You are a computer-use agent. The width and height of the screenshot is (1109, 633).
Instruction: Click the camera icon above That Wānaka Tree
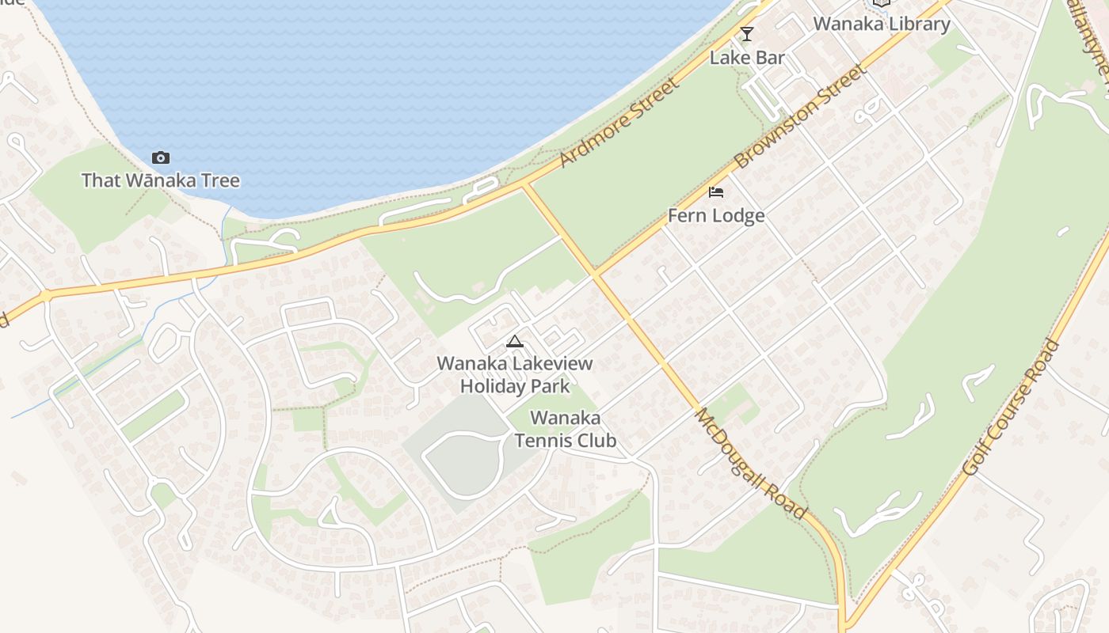(161, 157)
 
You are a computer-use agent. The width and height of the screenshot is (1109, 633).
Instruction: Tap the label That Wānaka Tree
(161, 180)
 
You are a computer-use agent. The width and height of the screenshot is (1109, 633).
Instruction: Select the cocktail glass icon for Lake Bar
(746, 34)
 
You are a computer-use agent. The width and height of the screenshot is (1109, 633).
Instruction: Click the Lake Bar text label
(747, 58)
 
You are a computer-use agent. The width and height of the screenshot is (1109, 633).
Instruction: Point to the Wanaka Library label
(882, 24)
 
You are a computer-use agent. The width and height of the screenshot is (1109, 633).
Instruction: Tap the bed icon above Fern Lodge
(716, 192)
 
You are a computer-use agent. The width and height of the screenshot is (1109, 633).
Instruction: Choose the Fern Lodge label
(716, 216)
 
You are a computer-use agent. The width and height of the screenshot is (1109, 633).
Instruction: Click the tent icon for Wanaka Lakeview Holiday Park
(515, 342)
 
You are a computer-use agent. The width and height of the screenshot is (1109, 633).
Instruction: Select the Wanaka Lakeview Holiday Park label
(515, 375)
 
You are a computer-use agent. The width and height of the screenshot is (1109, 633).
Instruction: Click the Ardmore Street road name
(619, 123)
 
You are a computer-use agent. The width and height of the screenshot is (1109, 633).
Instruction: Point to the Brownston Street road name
(799, 116)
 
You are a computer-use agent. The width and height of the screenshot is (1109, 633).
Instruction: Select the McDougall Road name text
(750, 464)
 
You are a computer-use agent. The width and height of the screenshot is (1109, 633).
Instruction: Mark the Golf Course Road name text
(1011, 407)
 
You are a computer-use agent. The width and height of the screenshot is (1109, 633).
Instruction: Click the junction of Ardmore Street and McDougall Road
(524, 187)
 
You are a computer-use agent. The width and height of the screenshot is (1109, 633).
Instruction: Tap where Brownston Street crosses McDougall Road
(594, 275)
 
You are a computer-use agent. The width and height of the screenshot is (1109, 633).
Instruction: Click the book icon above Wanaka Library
(882, 2)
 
